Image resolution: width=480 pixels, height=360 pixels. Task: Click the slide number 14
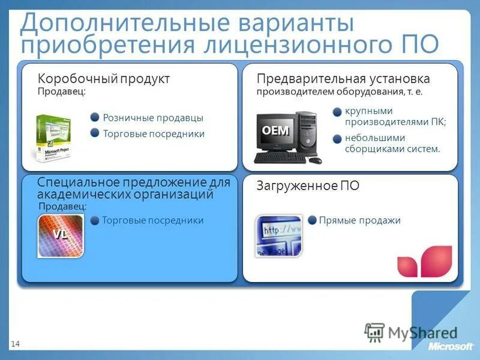coord(15,343)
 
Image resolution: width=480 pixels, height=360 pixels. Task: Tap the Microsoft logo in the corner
coord(451,347)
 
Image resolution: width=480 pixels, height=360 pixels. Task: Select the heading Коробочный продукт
coord(104,79)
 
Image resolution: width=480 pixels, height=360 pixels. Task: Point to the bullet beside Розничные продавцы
coord(95,118)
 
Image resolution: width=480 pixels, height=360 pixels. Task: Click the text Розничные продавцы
coord(153,118)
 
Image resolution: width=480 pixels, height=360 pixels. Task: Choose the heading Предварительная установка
coord(343,79)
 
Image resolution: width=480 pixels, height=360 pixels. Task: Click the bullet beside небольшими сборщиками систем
coord(337,138)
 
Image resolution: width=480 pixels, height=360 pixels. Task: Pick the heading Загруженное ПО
coord(308,186)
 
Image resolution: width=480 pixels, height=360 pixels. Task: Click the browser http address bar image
coord(278,236)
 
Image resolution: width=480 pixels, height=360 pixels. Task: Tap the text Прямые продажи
coord(359,220)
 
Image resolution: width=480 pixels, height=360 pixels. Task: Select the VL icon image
coord(60,236)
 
